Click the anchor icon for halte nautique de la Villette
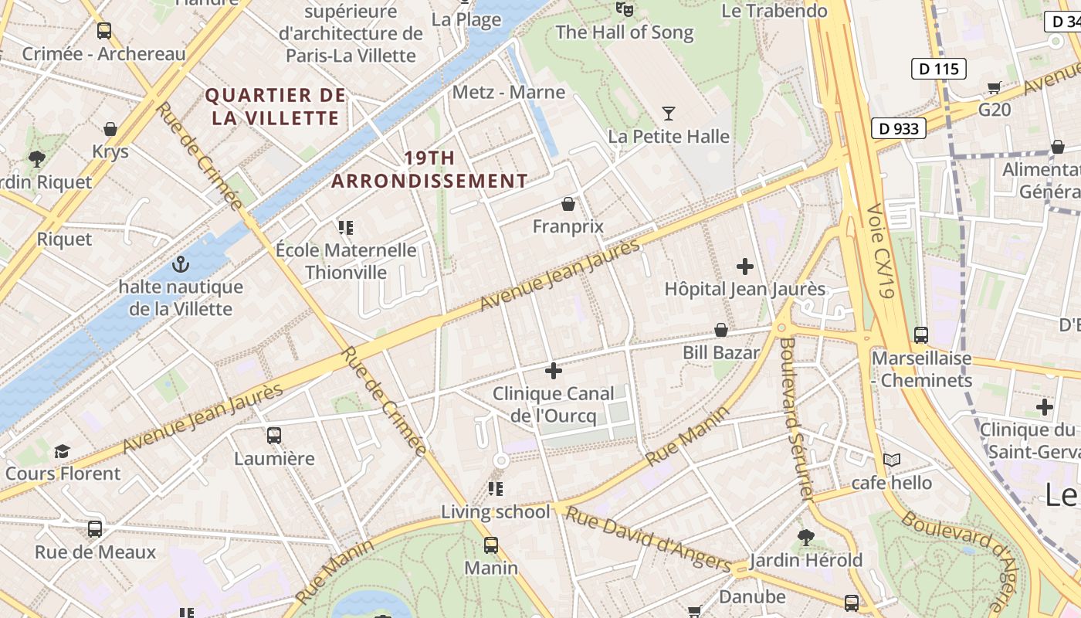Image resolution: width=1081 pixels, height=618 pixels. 180,264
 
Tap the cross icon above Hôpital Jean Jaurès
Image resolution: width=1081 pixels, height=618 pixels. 745,267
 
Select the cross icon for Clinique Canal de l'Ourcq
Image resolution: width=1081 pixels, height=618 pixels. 554,371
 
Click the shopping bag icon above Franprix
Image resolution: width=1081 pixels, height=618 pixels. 568,204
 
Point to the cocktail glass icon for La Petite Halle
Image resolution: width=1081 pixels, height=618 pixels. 669,114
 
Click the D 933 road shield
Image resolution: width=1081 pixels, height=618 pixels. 899,128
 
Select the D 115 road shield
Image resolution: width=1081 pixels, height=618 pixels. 939,69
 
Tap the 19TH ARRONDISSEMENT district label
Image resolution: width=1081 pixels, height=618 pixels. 430,170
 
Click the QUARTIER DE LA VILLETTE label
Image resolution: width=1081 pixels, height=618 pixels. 276,107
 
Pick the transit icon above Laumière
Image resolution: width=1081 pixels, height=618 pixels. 274,436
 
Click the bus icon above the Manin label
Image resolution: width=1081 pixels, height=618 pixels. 491,545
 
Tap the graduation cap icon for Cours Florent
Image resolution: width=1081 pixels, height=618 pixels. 63,451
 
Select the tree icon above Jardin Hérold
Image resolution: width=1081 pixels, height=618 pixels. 805,537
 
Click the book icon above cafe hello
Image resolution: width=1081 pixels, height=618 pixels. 892,460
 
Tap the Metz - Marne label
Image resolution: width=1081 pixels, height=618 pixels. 509,92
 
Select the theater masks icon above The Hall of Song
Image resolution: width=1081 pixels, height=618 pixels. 624,9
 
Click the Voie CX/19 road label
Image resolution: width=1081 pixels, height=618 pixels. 880,251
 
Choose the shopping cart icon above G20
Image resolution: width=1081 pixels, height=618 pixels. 995,87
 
